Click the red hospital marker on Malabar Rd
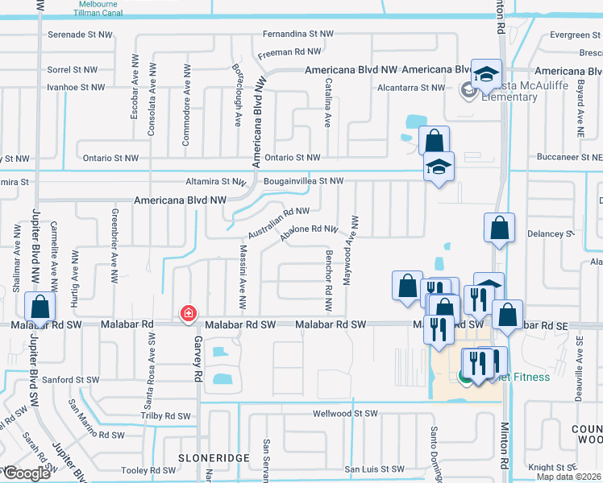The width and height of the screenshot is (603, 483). click(x=189, y=312)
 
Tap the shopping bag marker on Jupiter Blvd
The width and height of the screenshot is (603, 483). click(x=40, y=308)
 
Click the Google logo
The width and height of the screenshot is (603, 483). click(x=26, y=473)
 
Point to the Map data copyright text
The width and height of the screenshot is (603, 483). click(x=568, y=475)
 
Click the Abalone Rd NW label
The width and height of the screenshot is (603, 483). click(x=309, y=231)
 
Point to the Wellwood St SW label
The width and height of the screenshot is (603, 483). click(x=345, y=414)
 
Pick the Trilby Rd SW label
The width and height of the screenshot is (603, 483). click(x=165, y=416)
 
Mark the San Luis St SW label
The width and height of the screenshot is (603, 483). click(x=373, y=469)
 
